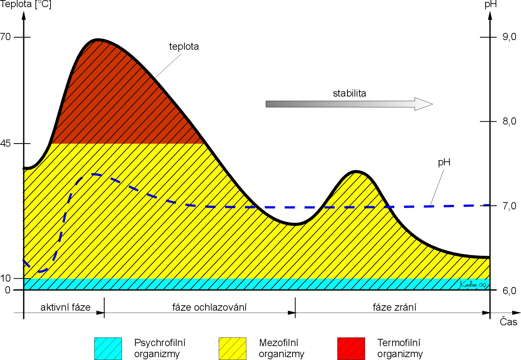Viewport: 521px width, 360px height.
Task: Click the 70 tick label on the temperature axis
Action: pos(5,37)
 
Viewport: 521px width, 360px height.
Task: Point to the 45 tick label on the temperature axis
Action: pos(5,143)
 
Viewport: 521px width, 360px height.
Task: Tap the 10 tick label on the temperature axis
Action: pos(5,278)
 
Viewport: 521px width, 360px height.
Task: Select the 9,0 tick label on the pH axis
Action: pos(510,37)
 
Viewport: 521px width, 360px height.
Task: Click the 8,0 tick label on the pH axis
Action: pos(510,121)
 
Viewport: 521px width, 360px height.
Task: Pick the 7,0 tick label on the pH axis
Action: pos(510,206)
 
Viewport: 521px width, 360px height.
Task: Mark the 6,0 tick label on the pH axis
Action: pos(510,291)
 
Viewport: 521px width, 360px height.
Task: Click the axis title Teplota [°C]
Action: pos(25,5)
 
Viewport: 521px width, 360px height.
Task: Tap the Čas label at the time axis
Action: pos(508,322)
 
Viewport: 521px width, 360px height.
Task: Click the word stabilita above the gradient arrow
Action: pos(349,93)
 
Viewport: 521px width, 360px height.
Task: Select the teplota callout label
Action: pos(184,47)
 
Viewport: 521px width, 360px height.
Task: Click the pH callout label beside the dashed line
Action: pos(444,162)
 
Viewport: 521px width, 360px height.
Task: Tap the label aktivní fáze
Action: pos(66,307)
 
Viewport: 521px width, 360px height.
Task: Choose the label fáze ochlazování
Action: pos(209,307)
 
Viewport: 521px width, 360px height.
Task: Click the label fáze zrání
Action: pos(395,307)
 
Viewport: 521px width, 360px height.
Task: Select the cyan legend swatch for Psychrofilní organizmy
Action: pos(108,349)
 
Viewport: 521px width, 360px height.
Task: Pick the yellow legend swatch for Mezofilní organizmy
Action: pos(232,349)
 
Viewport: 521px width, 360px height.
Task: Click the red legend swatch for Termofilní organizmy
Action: pos(351,349)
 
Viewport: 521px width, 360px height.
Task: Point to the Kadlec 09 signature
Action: pos(473,284)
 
